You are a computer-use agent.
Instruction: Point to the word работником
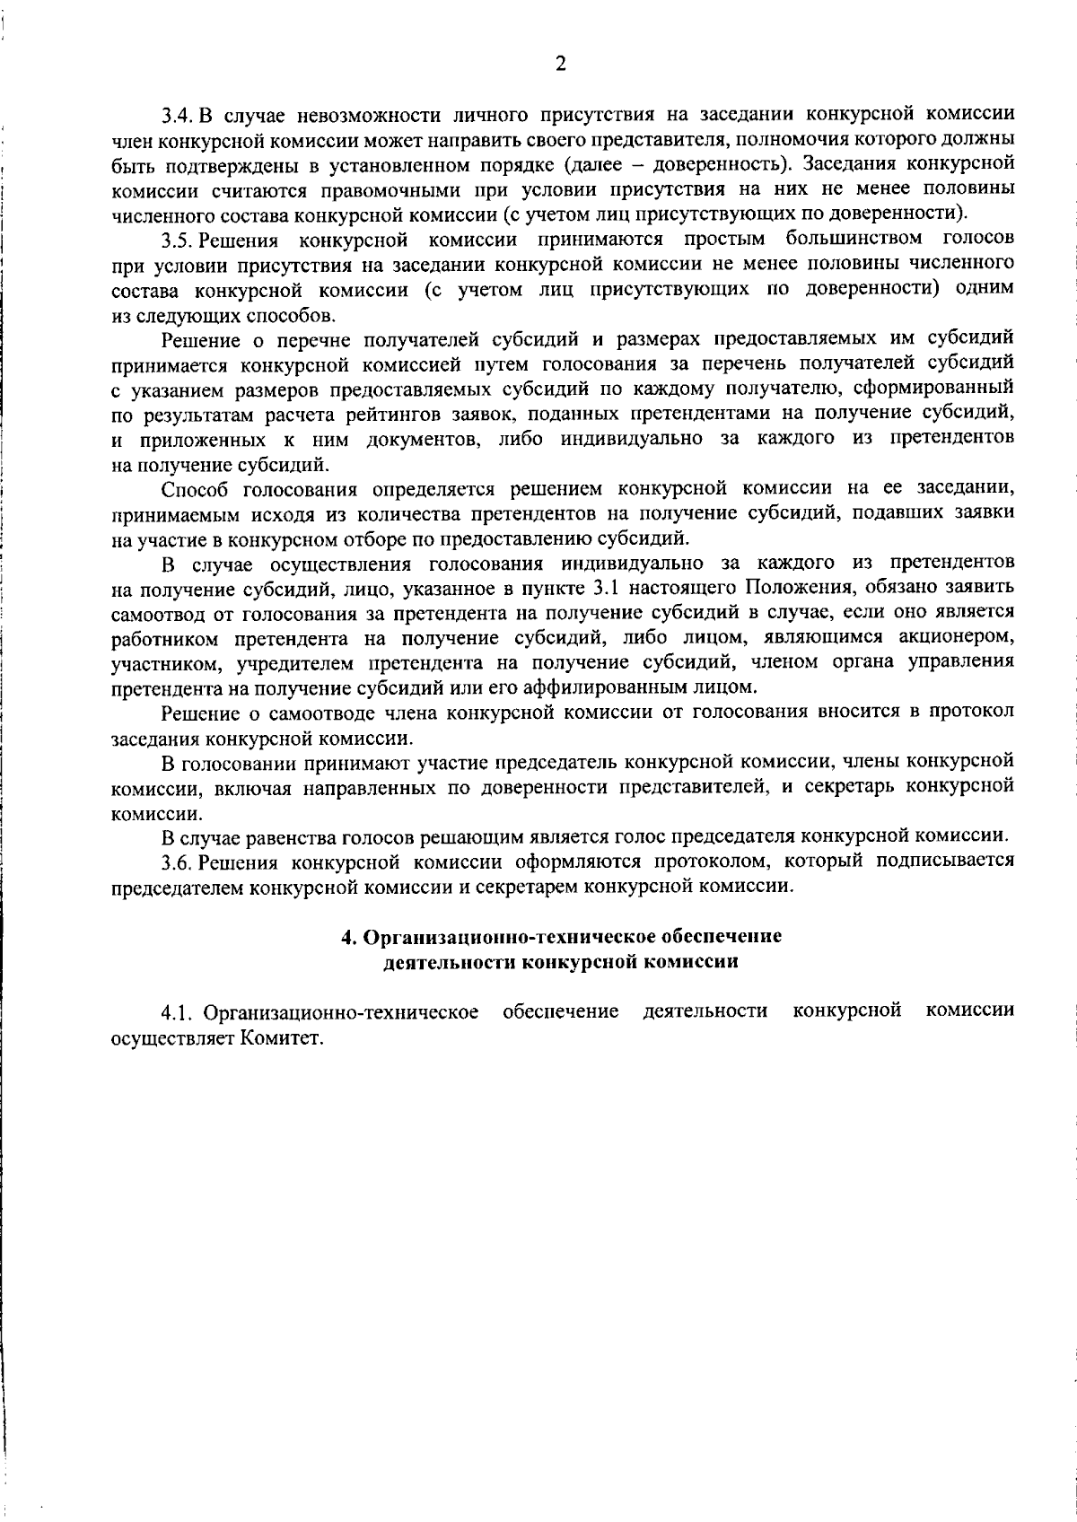click(x=164, y=638)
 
